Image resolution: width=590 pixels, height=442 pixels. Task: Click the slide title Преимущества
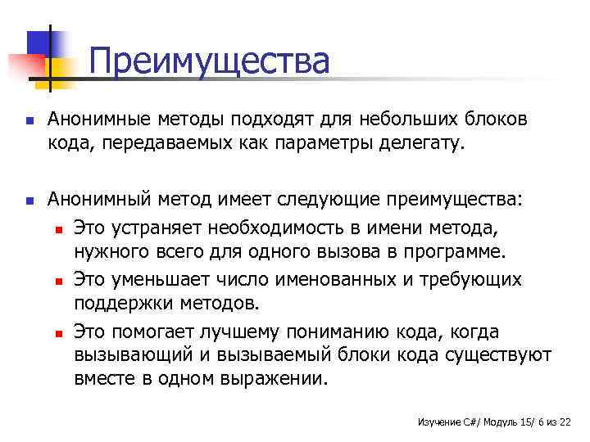pyautogui.click(x=208, y=61)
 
